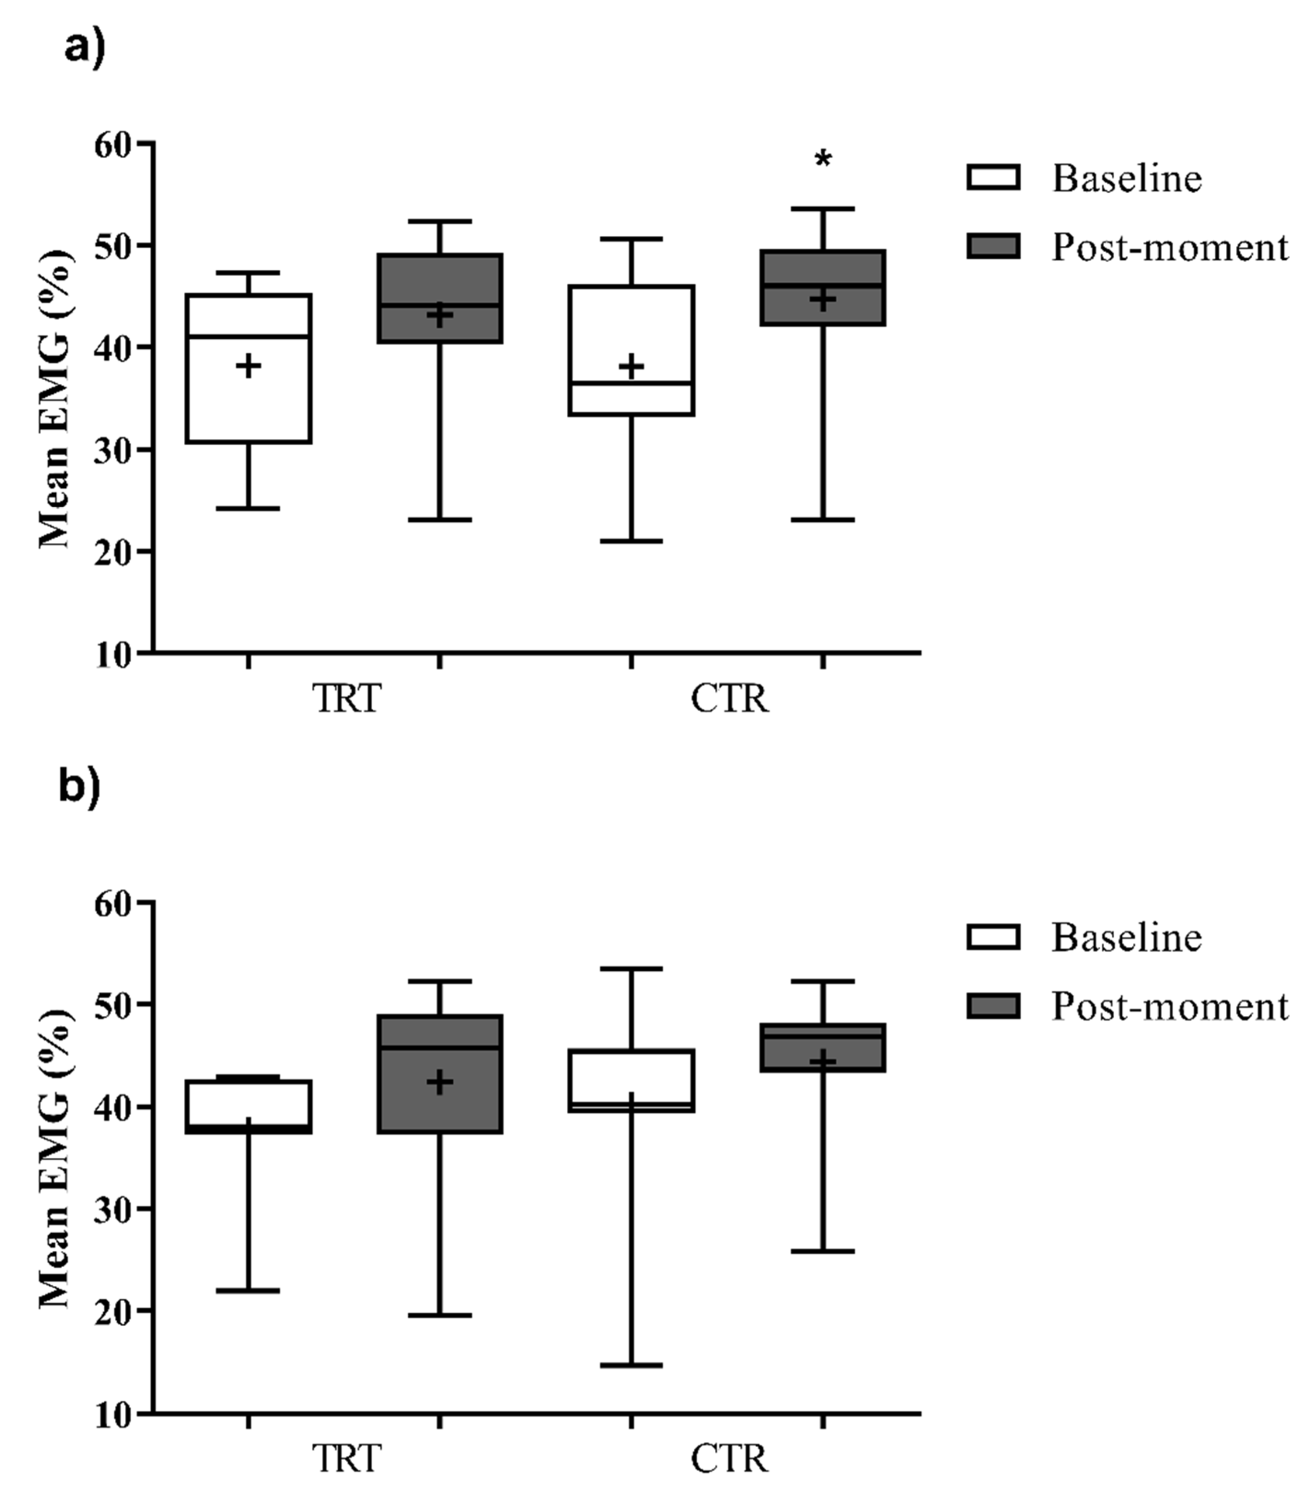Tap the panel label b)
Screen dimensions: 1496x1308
point(79,789)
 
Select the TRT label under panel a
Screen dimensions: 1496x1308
point(347,699)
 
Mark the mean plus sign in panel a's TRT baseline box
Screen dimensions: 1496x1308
point(249,366)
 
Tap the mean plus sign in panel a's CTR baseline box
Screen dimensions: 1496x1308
point(631,366)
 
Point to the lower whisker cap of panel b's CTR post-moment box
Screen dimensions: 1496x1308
point(822,1250)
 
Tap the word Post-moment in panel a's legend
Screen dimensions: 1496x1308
point(1169,248)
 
